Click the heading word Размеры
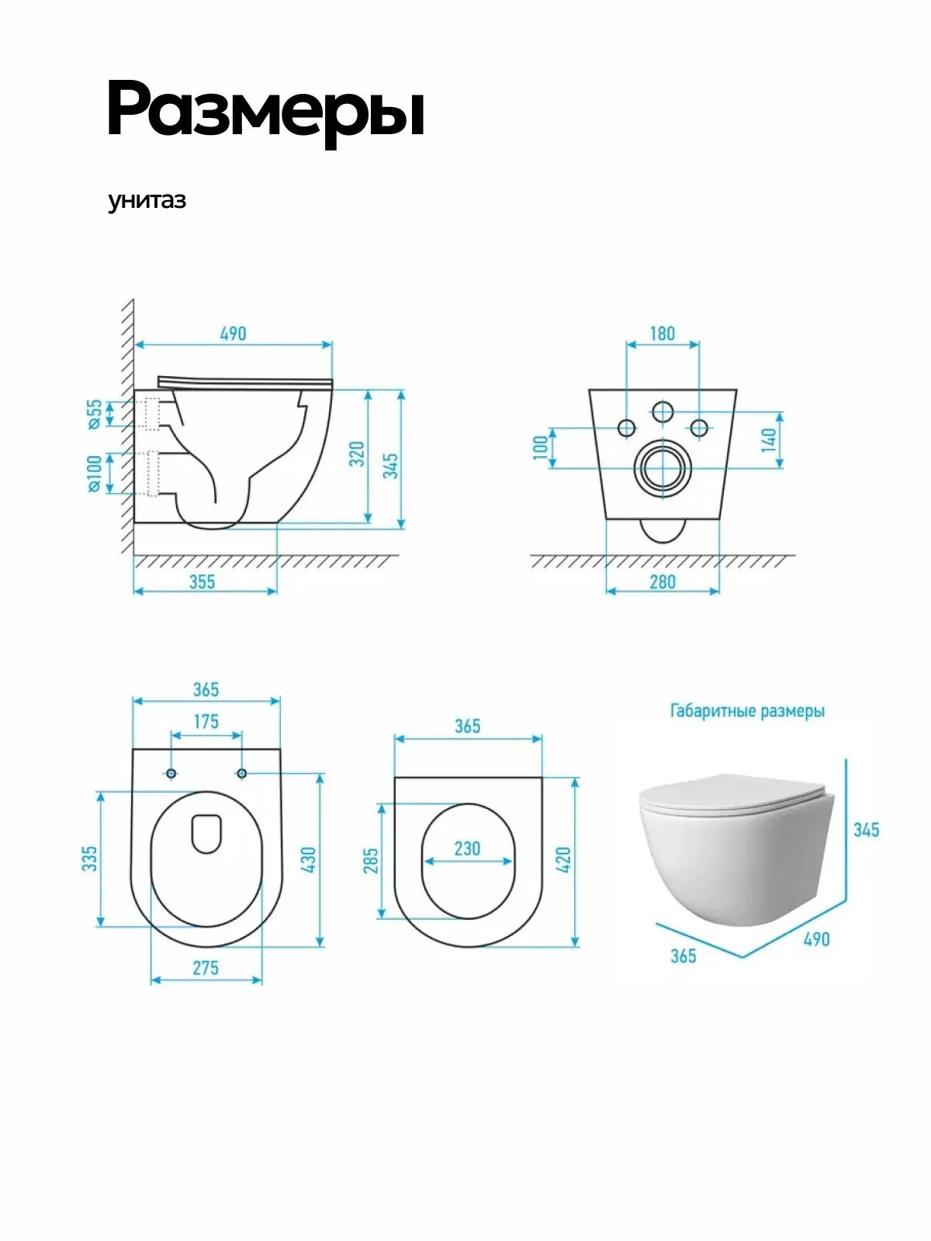266,110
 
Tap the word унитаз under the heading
147,201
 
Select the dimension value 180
663,334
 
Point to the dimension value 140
769,440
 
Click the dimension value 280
663,582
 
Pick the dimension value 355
202,582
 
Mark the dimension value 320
357,454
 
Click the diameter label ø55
95,414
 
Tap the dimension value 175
206,722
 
